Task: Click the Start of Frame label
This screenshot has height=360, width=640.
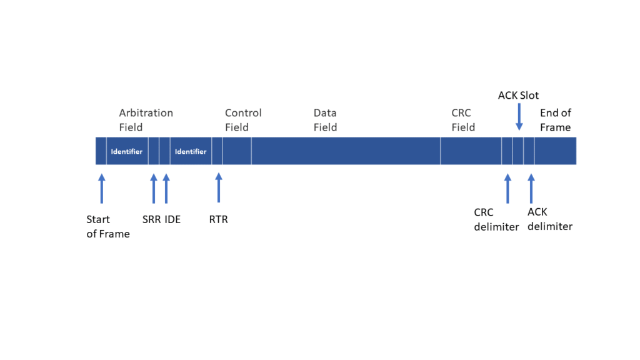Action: pos(107,226)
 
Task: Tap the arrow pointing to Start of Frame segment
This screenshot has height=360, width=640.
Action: pos(102,188)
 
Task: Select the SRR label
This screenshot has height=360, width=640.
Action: pos(151,219)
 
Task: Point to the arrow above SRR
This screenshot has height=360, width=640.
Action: pos(154,188)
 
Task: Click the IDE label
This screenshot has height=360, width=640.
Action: pos(172,219)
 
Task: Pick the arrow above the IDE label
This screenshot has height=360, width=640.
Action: pos(166,188)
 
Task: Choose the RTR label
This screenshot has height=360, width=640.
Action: pos(218,219)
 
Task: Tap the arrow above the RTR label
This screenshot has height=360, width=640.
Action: pos(219,187)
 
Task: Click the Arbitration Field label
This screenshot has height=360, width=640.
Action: pos(146,120)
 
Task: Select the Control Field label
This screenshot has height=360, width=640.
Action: pos(243,120)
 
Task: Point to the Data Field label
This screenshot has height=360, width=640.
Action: pos(325,120)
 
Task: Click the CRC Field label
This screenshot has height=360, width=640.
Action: pos(463,120)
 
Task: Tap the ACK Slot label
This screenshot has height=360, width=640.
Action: pos(518,96)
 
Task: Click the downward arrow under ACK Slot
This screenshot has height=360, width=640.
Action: pos(519,117)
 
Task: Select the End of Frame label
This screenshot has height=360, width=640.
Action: pos(556,120)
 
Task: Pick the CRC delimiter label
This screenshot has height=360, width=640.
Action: pos(496,219)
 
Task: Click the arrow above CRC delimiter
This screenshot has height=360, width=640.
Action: pos(507,188)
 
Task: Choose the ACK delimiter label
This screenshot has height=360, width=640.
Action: pos(550,219)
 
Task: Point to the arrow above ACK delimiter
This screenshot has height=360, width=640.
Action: pos(531,188)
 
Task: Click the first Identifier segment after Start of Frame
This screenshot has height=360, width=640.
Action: pos(127,151)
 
